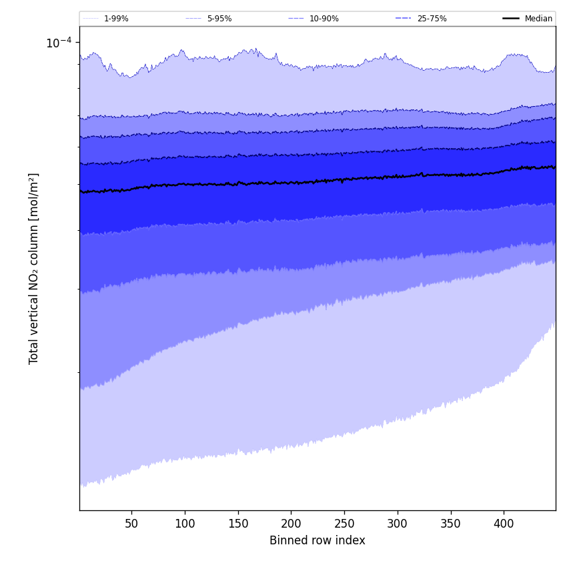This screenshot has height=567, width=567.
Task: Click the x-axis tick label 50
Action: [131, 524]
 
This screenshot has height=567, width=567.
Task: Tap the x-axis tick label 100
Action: [185, 524]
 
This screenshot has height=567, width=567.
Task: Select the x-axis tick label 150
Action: [238, 524]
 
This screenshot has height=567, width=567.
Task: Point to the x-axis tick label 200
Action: [291, 524]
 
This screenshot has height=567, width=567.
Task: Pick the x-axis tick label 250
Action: [344, 524]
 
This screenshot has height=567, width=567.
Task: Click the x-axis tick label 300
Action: [398, 524]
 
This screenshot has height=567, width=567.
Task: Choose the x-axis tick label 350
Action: [451, 524]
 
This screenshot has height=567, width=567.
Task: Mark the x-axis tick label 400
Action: [504, 524]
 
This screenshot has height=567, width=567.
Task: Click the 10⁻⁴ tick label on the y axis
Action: [59, 43]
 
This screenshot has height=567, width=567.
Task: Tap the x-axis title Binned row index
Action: [318, 540]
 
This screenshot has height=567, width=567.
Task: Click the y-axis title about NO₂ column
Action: [34, 268]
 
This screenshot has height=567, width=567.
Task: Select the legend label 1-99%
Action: [116, 19]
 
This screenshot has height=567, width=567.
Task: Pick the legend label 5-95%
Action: [219, 19]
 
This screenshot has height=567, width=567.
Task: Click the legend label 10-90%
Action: [324, 19]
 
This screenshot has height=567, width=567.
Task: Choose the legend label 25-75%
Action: [432, 19]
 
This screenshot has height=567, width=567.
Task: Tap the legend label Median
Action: [538, 19]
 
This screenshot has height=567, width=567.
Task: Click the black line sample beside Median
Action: [511, 19]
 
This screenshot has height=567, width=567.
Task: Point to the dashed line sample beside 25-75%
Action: [403, 19]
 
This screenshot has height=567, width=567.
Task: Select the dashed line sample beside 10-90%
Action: [296, 19]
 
